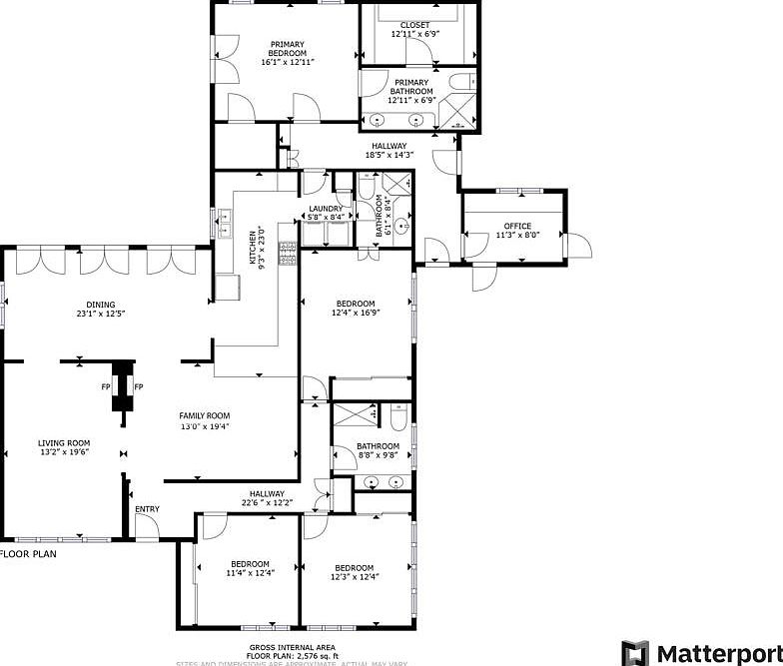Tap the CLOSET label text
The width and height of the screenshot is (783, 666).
(x=414, y=25)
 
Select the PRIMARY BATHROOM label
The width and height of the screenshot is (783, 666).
(x=411, y=87)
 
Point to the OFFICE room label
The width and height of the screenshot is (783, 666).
(x=517, y=226)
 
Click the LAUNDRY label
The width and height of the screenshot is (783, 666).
(x=326, y=209)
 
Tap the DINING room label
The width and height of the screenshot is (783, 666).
(x=100, y=306)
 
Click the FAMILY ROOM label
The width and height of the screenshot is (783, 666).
(x=205, y=416)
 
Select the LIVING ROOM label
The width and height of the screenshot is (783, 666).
(x=65, y=443)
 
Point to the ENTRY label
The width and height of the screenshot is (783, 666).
(x=147, y=510)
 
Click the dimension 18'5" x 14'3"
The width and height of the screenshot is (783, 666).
(x=389, y=156)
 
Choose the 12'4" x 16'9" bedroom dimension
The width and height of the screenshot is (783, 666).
(x=356, y=314)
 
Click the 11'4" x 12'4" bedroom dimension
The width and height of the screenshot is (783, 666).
(x=250, y=573)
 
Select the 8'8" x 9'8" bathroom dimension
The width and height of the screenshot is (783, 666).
(x=379, y=456)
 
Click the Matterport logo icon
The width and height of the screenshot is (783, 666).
(x=634, y=653)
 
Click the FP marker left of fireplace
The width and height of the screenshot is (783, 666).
(x=105, y=387)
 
